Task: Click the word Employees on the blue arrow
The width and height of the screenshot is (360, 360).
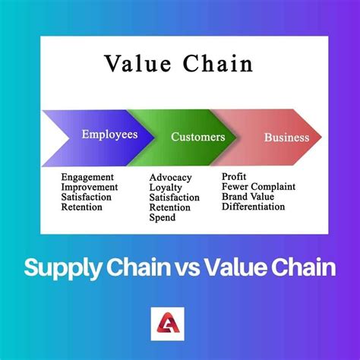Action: point(109,134)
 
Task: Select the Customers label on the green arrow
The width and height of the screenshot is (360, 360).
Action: point(197,137)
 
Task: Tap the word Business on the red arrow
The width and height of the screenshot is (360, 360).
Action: point(286,138)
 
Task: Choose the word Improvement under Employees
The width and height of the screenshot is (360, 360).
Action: point(90,187)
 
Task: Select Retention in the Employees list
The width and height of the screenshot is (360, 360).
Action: point(82,207)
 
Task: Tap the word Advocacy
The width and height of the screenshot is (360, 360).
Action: point(171,178)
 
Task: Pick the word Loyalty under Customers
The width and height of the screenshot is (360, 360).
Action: point(167,188)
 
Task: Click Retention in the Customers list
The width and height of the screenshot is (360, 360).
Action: point(170,207)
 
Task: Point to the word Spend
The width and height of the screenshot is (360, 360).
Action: point(163,217)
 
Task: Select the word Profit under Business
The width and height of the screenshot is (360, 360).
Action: point(234,176)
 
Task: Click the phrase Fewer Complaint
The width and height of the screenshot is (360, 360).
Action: point(258,186)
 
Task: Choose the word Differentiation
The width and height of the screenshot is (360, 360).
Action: point(254,206)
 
